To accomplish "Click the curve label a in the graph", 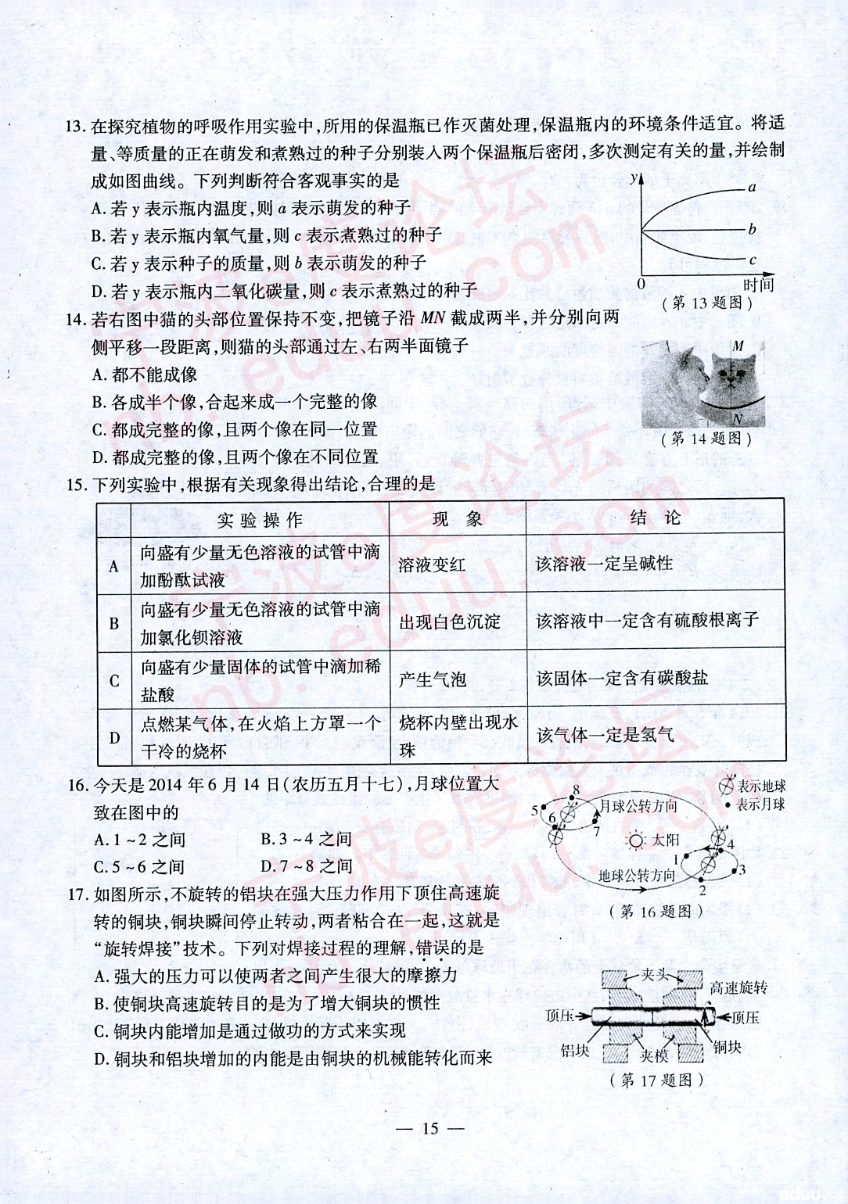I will point(752,188).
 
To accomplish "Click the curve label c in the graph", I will point(753,260).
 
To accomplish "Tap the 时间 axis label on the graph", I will point(758,285).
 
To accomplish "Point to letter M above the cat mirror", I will point(738,346).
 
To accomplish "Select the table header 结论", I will point(656,518).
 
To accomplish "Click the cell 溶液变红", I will point(432,564).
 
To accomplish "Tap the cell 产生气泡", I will point(433,679).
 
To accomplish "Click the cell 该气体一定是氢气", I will point(605,735).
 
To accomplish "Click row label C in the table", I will point(114,680).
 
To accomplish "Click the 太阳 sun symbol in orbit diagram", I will point(635,840).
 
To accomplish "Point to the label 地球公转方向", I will point(637,876).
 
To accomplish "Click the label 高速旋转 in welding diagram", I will point(738,988).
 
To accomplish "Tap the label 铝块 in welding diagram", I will point(575,1051).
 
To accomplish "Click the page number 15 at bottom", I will point(430,1128).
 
